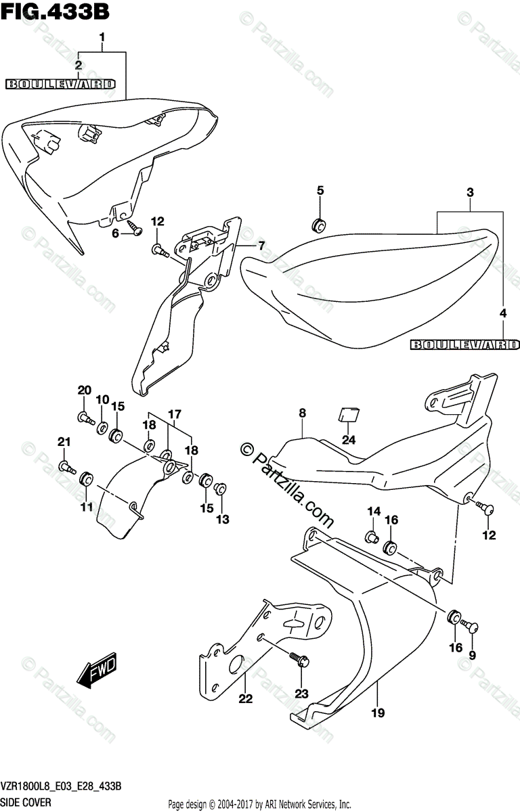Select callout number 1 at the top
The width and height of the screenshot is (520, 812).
tap(102, 37)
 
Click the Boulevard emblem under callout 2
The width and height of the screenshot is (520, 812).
tap(60, 85)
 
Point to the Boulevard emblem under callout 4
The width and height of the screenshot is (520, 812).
tap(464, 345)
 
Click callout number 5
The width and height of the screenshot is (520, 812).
tap(321, 191)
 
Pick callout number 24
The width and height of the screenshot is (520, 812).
tap(348, 441)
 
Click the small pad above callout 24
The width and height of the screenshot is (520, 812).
tap(349, 413)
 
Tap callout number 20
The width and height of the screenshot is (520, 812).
tap(84, 390)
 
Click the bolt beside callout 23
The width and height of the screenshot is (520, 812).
tap(297, 658)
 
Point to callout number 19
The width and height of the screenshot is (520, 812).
tap(378, 712)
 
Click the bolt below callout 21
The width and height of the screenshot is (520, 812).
tap(67, 466)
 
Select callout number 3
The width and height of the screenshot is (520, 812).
tap(469, 193)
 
